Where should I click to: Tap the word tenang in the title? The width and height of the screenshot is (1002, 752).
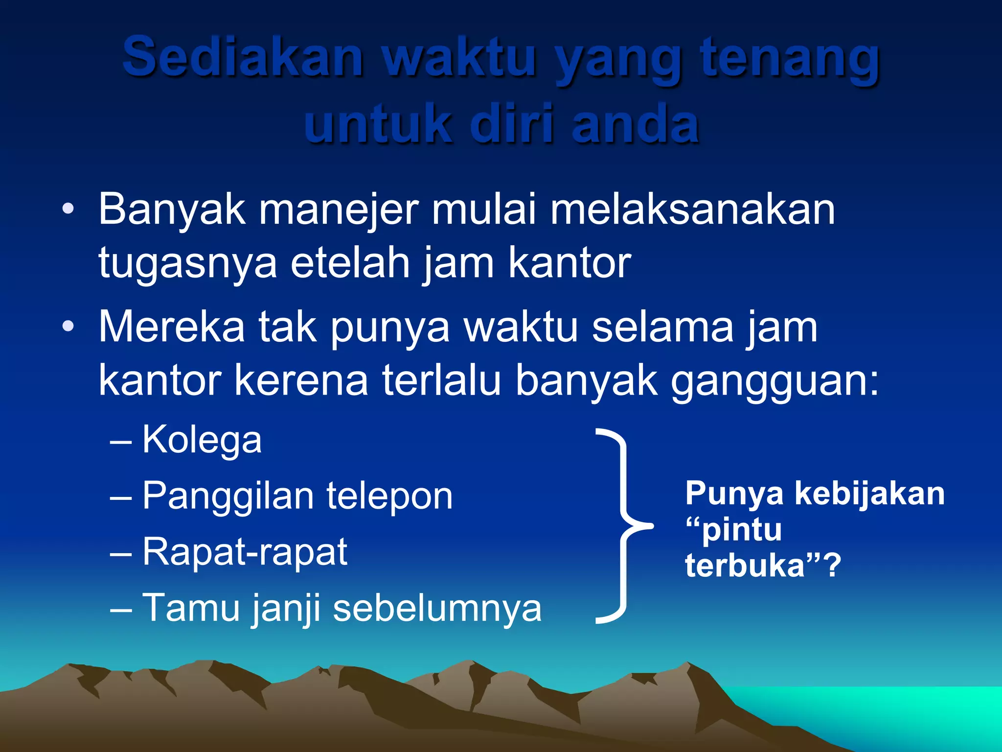[790, 59]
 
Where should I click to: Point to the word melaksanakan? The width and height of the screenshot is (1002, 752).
[693, 210]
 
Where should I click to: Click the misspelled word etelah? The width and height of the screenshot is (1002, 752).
[350, 263]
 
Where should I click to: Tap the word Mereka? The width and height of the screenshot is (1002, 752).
[172, 327]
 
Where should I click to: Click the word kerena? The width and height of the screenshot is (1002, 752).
[301, 380]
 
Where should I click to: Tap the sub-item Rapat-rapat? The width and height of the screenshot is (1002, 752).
[245, 552]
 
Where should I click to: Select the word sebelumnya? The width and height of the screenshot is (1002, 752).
[437, 609]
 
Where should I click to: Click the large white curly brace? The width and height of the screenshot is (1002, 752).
[621, 526]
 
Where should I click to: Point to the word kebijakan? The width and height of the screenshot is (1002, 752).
[869, 493]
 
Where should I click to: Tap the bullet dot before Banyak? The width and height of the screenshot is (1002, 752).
[68, 210]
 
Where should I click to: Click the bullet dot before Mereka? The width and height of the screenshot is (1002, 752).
[68, 327]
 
